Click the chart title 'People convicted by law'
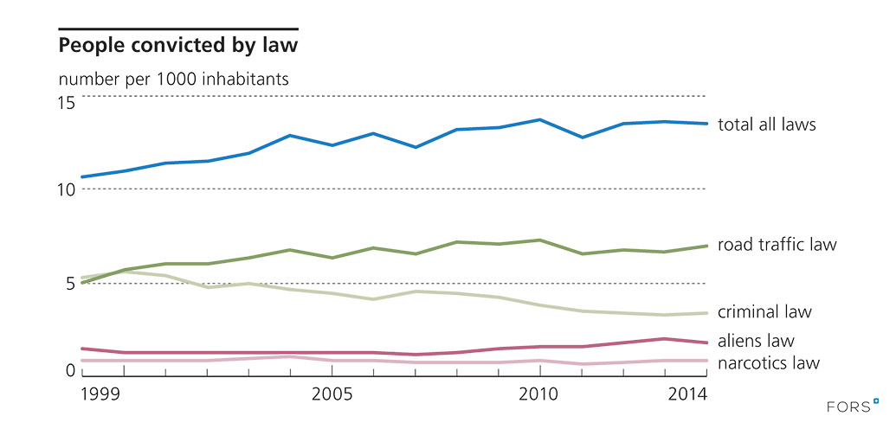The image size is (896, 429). point(177,43)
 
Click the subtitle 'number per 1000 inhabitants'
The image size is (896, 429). point(173,78)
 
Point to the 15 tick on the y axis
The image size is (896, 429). point(67,103)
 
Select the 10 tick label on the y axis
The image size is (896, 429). point(67,189)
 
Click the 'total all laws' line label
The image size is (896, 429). point(767,125)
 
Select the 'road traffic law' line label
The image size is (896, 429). point(777,245)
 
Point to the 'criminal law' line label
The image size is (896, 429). point(764,311)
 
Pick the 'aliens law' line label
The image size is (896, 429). point(756,341)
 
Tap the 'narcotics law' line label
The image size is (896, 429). point(769,363)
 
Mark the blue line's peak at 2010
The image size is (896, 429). point(540,119)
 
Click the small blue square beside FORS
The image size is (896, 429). point(876,400)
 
